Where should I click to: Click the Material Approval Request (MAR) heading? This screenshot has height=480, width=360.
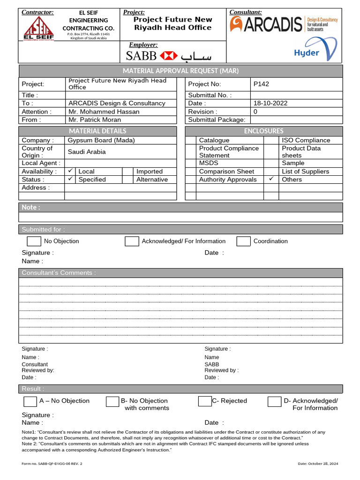pos(180,71)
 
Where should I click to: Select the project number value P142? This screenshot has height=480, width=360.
pos(261,84)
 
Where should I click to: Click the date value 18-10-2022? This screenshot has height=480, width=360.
pos(270,103)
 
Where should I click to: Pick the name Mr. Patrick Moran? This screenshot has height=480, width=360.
pos(95,120)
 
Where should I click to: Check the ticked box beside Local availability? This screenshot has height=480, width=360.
pos(70,171)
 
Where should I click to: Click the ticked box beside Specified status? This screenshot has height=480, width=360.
pos(70,179)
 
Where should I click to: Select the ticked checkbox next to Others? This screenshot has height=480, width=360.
pos(271,179)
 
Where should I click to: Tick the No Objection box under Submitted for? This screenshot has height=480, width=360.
pos(34,241)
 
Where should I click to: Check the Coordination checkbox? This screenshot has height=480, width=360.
pos(243,241)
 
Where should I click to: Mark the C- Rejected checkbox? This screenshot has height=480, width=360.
pos(204,401)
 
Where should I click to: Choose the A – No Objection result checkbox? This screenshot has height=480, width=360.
pos(30,402)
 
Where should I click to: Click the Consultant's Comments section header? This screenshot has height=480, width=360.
pos(59,273)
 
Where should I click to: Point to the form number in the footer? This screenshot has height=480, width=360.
pos(52,464)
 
